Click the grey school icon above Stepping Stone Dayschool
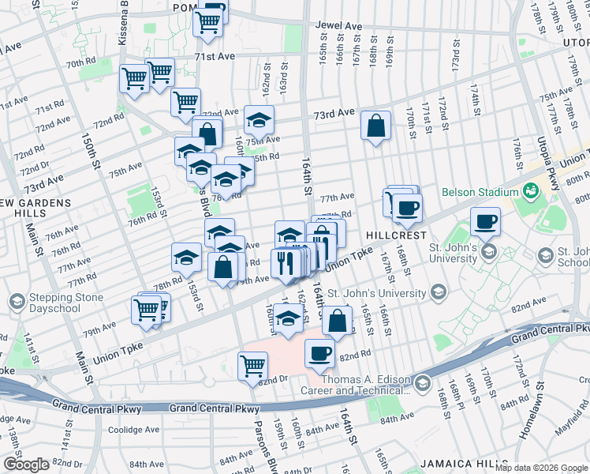17,301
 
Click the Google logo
25,464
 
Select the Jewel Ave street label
338,26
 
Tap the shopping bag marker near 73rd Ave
376,125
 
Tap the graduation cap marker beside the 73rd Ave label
259,120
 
